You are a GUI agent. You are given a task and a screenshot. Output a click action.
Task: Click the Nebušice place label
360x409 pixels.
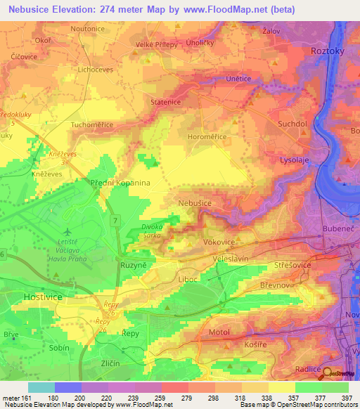195,202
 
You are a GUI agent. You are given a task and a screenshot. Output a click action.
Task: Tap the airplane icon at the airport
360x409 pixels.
67,231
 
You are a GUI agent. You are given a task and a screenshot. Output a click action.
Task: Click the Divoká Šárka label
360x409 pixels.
153,231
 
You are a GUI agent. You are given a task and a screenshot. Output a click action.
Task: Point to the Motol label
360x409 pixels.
219,331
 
